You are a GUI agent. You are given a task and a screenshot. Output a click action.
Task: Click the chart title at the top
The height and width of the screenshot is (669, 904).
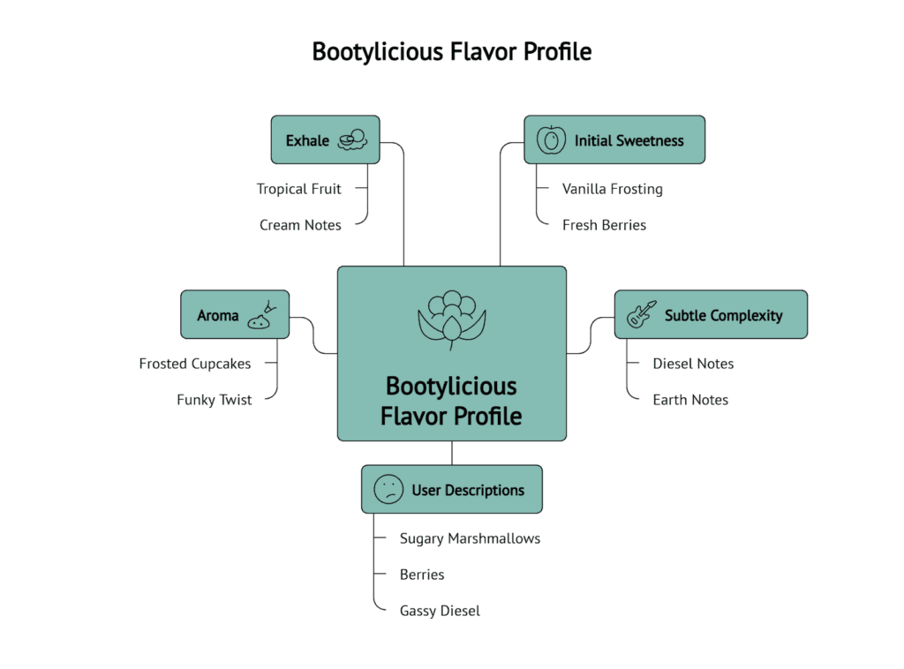click(451, 51)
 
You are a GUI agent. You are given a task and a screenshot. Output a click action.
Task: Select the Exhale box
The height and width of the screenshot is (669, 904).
click(325, 139)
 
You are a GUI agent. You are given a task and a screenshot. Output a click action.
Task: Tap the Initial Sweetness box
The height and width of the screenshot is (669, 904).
click(614, 139)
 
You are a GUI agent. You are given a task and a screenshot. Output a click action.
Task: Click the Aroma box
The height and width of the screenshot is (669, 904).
click(235, 315)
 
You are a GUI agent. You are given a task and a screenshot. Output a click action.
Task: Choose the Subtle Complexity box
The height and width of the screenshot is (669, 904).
click(711, 315)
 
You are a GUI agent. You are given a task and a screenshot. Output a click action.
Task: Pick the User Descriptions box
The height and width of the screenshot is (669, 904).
click(452, 490)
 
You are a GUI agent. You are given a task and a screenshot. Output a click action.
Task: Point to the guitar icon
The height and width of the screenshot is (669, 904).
click(642, 314)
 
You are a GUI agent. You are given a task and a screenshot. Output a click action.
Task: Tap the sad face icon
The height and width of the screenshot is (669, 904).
click(388, 490)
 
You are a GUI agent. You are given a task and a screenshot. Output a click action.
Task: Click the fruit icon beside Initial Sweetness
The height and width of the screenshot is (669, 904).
click(552, 139)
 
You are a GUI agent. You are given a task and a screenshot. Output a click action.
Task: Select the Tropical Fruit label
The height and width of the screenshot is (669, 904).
click(298, 189)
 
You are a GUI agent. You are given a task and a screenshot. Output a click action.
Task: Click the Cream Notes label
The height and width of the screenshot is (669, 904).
click(300, 225)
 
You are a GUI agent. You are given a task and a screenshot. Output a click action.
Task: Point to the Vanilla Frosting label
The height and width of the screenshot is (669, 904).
click(612, 189)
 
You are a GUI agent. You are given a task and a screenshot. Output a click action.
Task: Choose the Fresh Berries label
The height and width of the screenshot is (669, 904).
click(604, 225)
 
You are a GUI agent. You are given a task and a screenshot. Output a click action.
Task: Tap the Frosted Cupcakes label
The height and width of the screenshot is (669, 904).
click(195, 364)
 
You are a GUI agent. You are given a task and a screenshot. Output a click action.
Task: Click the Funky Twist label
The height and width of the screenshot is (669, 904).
click(215, 400)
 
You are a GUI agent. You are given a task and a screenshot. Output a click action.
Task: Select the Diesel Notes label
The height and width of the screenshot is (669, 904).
click(693, 364)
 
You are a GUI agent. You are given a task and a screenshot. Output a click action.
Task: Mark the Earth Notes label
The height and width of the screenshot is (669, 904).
click(690, 400)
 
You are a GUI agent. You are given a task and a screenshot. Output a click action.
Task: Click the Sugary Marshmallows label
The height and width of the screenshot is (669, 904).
click(470, 538)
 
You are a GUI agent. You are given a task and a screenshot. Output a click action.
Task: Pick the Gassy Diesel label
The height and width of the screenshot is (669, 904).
click(440, 611)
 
